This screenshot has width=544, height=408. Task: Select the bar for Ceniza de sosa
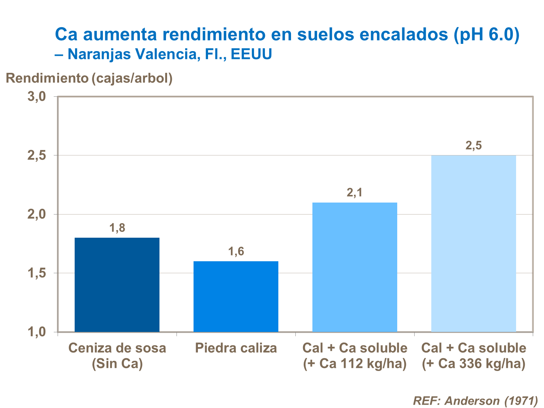tap(117, 284)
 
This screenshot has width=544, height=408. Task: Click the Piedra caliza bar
tap(236, 296)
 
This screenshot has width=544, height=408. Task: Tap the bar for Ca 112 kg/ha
tap(354, 267)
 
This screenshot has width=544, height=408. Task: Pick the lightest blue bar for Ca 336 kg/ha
tap(473, 243)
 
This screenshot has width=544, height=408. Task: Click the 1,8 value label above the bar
tap(117, 228)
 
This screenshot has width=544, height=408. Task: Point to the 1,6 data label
tap(236, 251)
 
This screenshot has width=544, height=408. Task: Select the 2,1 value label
tap(354, 193)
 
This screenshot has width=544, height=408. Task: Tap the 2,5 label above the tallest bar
tap(473, 146)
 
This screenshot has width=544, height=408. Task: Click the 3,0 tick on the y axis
tap(37, 97)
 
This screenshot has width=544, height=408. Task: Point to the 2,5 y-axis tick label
tap(37, 156)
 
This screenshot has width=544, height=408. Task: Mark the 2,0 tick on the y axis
tap(37, 215)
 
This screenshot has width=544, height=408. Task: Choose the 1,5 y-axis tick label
tap(37, 273)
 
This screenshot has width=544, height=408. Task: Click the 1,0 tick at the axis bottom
tap(37, 332)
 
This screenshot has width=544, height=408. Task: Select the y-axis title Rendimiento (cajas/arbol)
tap(89, 78)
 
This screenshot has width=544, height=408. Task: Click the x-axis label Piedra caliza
tap(236, 348)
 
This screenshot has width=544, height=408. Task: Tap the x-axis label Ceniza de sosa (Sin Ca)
tap(117, 355)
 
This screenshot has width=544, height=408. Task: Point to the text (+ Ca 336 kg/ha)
tap(473, 363)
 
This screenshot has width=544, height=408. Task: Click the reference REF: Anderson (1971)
tap(475, 401)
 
